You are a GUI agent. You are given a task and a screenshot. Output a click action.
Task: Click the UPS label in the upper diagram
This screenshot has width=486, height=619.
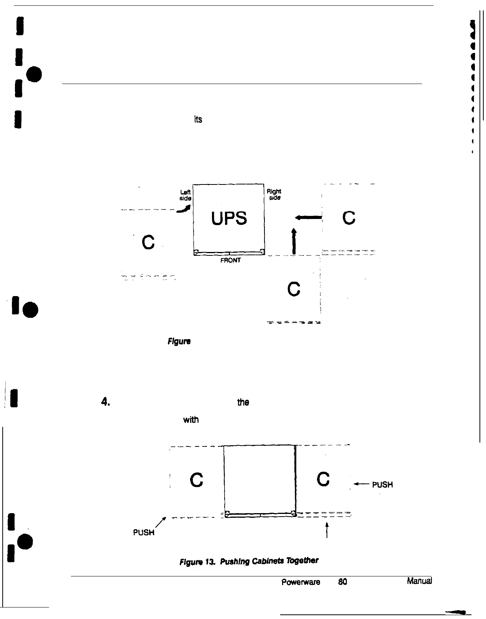(x=229, y=219)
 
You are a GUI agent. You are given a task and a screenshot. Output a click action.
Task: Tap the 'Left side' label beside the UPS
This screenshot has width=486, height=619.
(x=186, y=195)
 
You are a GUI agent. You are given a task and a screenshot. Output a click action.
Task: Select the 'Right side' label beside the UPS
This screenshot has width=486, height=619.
(x=274, y=194)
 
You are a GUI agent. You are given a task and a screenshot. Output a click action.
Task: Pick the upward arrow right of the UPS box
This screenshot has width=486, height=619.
(x=294, y=241)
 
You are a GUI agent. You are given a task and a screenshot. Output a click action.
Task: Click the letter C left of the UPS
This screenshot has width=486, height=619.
(x=148, y=242)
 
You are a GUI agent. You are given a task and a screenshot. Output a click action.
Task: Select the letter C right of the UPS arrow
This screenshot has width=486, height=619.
(x=349, y=217)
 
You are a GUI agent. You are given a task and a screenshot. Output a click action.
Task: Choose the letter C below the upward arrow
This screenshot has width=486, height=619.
(x=294, y=289)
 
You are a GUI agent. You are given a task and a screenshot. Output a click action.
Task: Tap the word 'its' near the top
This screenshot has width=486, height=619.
(x=198, y=120)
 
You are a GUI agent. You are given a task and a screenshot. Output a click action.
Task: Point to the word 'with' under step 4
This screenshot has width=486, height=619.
(x=191, y=420)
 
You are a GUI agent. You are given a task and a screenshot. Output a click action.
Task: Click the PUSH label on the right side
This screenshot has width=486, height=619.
(x=383, y=485)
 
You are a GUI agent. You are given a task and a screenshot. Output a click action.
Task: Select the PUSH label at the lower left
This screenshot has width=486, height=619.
(x=143, y=532)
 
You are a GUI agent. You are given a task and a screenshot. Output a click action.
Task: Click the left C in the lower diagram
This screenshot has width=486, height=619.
(x=196, y=480)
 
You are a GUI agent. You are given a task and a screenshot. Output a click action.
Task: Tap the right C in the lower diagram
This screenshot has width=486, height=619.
(x=323, y=479)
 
